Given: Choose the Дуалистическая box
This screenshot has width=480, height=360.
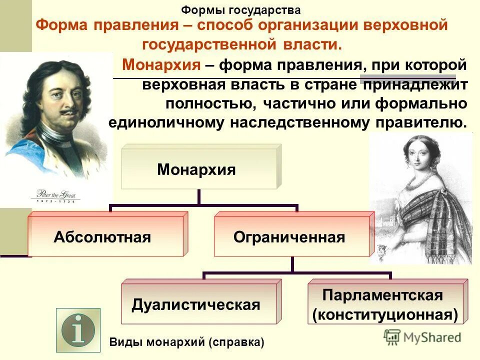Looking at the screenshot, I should (x=196, y=304).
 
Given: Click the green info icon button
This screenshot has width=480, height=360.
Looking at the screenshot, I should (x=78, y=330).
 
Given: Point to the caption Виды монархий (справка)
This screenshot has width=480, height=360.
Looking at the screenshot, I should (x=186, y=342).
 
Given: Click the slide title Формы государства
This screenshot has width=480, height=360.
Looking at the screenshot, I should (x=240, y=10).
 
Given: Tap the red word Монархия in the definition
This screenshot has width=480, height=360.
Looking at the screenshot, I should (x=162, y=64).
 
